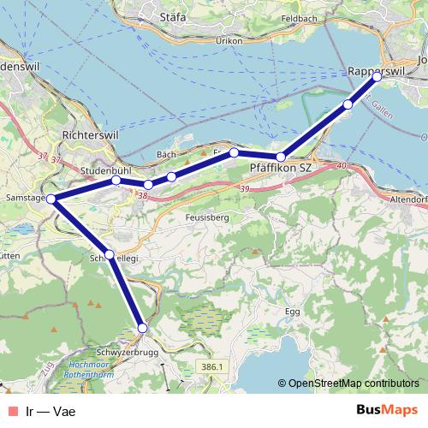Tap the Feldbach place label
(x=298, y=17)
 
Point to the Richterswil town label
(x=89, y=135)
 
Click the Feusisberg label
(x=205, y=217)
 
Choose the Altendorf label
(x=409, y=198)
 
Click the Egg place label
(x=293, y=312)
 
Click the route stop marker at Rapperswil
(x=377, y=77)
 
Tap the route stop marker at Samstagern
(x=51, y=199)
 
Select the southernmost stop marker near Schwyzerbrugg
(x=143, y=328)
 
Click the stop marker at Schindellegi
(x=110, y=254)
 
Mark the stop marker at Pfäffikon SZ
(x=281, y=157)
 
